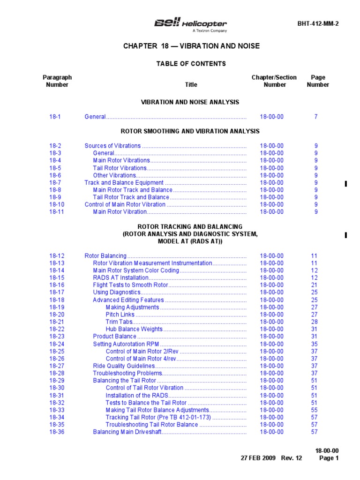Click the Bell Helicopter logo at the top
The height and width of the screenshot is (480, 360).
point(191,24)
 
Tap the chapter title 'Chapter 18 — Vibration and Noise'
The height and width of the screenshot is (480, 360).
point(191,46)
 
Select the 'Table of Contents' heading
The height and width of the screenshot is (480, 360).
point(191,63)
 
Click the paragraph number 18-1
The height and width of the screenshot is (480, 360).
point(55,117)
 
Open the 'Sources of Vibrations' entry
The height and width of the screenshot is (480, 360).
point(112,146)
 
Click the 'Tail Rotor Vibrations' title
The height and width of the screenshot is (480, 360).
point(120,168)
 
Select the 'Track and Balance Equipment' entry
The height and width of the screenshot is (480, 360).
point(124,182)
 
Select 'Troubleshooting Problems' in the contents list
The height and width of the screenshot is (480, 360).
point(127,373)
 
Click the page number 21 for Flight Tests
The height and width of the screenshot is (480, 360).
point(314,285)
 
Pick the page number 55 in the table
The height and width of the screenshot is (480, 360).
point(314,410)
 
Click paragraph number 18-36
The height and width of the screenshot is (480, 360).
point(57,432)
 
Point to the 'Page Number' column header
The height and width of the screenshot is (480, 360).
point(318,81)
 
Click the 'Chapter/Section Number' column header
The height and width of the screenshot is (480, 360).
point(274,81)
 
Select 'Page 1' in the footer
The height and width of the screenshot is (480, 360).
point(329,458)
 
